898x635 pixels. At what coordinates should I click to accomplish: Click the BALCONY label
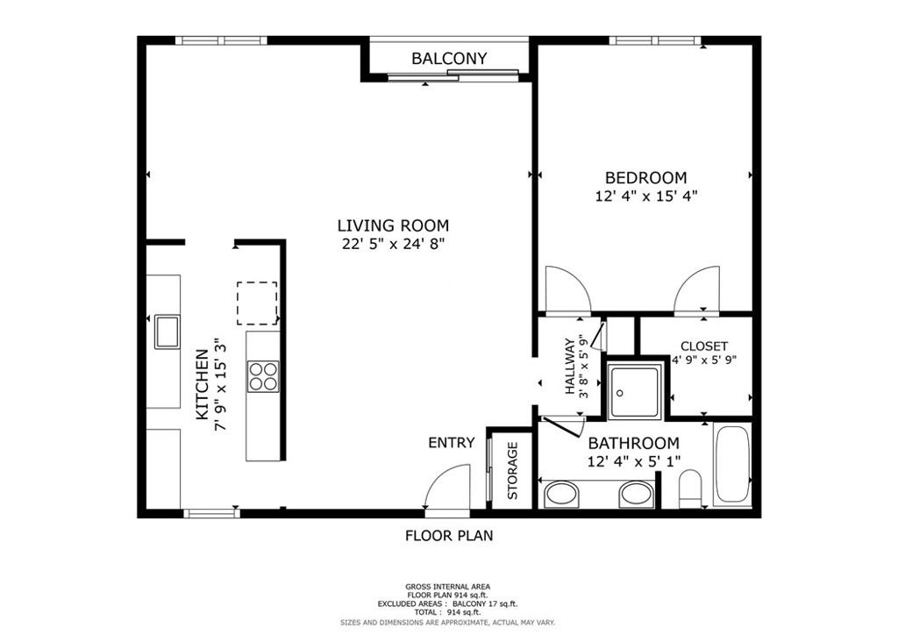coord(449,59)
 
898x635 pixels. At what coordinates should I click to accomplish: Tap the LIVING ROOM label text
coord(393,225)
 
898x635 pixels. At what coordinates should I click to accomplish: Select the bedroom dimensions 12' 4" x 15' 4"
coord(646,196)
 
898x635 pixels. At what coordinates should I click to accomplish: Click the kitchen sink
coord(167,332)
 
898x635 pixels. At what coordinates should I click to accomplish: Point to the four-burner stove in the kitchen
coord(263,376)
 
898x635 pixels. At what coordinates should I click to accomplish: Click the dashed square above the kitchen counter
coord(257,303)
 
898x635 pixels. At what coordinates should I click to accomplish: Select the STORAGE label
coord(512,471)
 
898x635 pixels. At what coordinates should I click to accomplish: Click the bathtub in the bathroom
coord(732,464)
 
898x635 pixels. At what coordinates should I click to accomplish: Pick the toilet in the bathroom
coord(690,489)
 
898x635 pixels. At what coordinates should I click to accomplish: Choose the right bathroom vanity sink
coord(637,494)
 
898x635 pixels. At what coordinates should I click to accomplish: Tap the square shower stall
coord(635,392)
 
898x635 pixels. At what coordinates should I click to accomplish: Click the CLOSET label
coord(704,346)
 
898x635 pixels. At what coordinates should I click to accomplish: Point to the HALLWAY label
coord(570,367)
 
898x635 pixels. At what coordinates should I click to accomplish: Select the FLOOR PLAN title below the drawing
coord(449,536)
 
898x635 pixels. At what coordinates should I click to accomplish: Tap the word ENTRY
coord(452,443)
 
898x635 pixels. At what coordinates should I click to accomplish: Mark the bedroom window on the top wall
coord(655,40)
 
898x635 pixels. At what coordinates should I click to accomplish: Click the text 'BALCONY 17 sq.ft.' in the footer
coord(485,604)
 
